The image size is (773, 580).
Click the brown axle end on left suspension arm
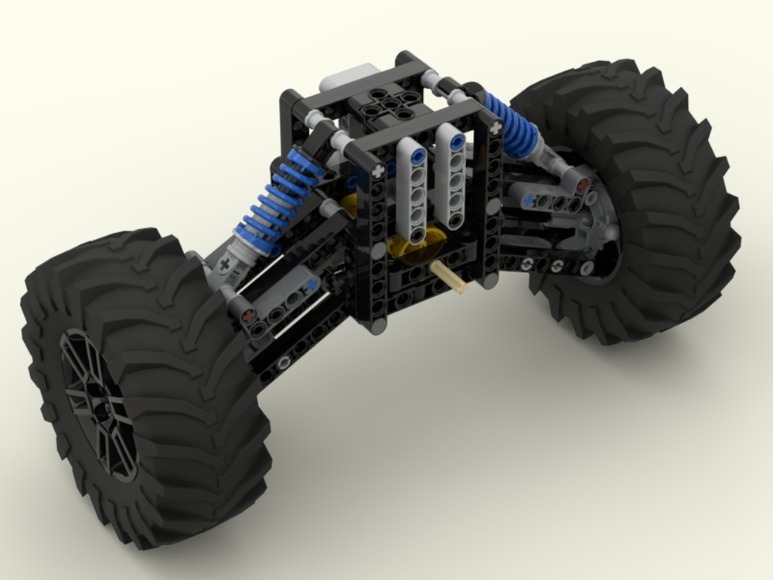(248, 316)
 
